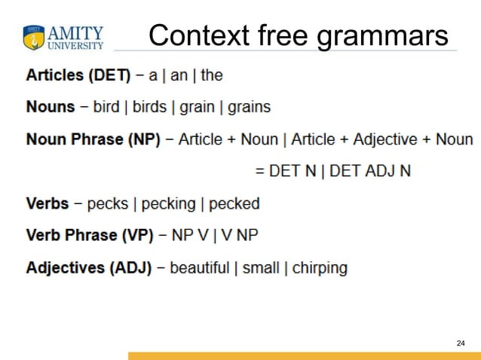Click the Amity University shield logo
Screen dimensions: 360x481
34,37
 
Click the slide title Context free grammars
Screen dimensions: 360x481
298,35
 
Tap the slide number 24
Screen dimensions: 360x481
461,343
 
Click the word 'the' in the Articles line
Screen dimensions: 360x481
212,75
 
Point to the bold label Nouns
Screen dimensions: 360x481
51,107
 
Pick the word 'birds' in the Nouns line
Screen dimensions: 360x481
149,107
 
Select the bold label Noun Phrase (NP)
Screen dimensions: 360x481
93,139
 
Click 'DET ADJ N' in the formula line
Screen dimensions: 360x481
370,171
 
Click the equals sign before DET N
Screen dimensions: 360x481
261,171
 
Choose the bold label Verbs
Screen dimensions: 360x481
47,203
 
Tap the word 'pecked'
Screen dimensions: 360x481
234,203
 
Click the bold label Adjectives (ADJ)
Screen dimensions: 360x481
89,267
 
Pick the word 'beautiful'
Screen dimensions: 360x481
199,267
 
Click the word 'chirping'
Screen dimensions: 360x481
320,267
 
